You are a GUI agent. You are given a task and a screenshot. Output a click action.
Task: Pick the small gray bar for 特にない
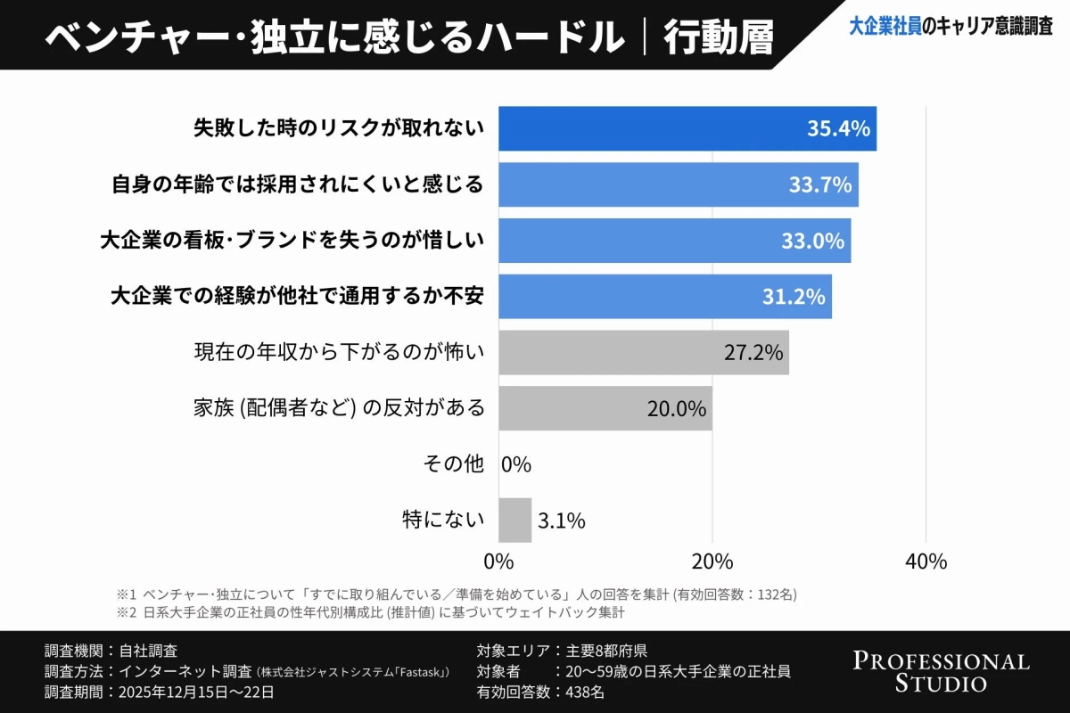click(x=514, y=520)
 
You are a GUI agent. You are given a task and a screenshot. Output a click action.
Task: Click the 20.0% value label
click(x=676, y=408)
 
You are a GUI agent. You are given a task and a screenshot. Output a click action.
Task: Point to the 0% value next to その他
click(x=516, y=464)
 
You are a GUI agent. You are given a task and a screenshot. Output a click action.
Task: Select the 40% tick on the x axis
click(x=926, y=562)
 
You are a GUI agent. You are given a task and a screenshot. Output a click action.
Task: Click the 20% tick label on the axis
click(x=712, y=562)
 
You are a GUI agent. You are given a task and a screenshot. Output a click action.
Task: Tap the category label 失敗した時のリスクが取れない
click(x=339, y=128)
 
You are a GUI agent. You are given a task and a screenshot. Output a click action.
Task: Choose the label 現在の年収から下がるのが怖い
click(x=339, y=352)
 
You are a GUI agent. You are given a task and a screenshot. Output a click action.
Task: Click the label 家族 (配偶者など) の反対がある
click(x=339, y=408)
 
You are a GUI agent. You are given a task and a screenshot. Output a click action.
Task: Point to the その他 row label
click(x=453, y=464)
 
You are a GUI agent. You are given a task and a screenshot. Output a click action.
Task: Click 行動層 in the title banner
click(x=719, y=37)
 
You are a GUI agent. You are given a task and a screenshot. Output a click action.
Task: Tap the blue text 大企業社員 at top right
click(x=885, y=27)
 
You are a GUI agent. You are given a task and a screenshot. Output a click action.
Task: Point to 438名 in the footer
click(x=586, y=691)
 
